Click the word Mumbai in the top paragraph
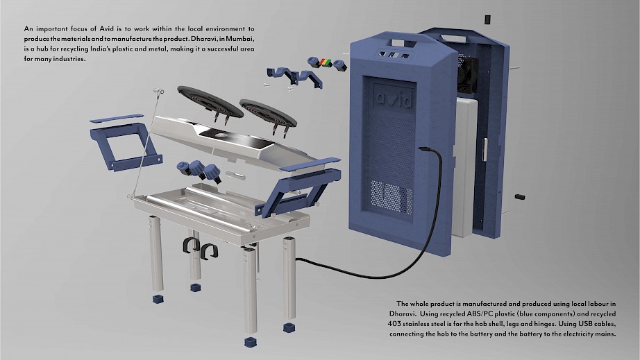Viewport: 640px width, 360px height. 240,39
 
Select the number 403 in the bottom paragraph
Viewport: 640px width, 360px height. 394,324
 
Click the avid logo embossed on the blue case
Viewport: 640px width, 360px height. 394,100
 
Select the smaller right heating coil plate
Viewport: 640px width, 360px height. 268,113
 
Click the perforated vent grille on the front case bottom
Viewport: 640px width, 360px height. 391,197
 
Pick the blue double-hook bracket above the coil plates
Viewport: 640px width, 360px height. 295,78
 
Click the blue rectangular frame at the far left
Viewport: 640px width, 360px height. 126,146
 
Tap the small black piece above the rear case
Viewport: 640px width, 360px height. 487,19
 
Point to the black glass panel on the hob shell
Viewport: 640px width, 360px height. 235,135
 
